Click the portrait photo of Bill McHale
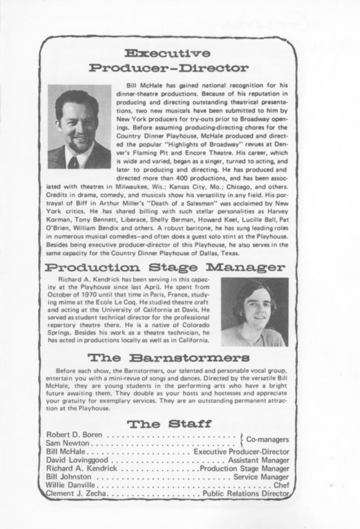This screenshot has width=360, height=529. pyautogui.click(x=79, y=127)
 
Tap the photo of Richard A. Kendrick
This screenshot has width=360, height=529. pyautogui.click(x=254, y=312)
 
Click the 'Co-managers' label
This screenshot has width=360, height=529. pyautogui.click(x=267, y=439)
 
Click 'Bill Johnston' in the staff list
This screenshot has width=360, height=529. pyautogui.click(x=69, y=477)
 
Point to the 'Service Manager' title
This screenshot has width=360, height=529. pyautogui.click(x=261, y=477)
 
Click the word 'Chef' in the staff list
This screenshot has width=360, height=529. pyautogui.click(x=282, y=485)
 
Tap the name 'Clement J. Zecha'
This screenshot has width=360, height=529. pyautogui.click(x=76, y=494)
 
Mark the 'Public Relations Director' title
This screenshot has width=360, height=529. pyautogui.click(x=246, y=494)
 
